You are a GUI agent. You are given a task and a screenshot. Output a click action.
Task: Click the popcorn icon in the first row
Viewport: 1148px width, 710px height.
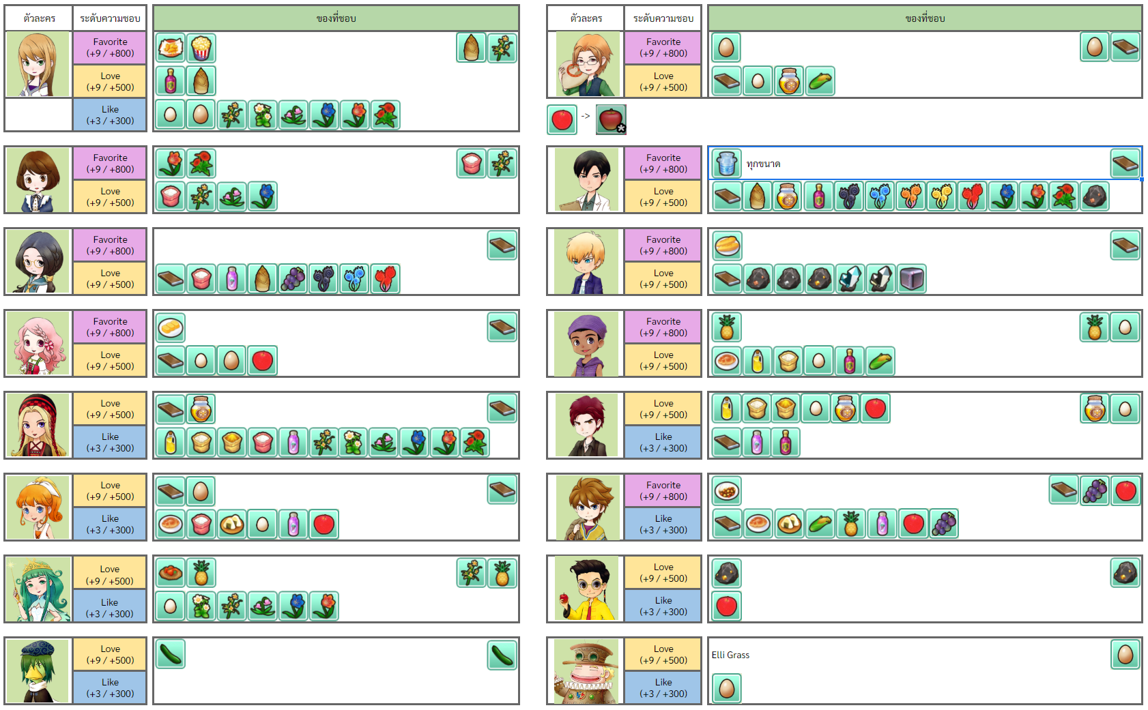(x=201, y=48)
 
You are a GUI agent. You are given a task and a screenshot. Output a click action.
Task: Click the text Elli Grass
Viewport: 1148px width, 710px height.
(x=730, y=655)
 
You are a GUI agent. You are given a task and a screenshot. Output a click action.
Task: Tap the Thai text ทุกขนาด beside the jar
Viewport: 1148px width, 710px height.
(x=763, y=164)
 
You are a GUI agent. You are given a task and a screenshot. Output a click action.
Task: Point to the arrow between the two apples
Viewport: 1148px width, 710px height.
(x=586, y=117)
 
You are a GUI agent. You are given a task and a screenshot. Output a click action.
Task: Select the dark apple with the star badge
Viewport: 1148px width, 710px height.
(x=612, y=120)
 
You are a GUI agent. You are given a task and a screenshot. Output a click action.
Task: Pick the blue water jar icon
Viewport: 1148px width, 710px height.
(x=727, y=164)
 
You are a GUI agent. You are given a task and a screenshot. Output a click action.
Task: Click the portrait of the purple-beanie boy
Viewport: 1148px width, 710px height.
(x=586, y=344)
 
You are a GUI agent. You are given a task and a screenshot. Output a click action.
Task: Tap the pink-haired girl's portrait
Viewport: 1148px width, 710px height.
(x=39, y=344)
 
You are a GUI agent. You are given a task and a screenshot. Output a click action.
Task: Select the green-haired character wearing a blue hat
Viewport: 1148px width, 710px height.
(x=38, y=671)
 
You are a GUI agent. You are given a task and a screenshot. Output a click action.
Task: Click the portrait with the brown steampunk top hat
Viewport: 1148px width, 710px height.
(x=586, y=671)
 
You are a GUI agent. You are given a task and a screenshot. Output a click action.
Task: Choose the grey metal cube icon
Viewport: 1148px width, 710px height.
(x=912, y=278)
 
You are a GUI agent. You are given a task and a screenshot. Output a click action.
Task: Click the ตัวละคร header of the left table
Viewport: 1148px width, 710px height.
(x=39, y=18)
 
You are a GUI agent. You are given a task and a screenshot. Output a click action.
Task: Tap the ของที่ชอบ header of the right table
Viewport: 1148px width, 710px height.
(x=925, y=18)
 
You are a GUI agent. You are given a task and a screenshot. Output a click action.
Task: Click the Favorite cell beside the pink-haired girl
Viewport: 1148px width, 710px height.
(x=110, y=327)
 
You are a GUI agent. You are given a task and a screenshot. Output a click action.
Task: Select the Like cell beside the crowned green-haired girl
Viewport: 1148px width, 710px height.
(x=110, y=608)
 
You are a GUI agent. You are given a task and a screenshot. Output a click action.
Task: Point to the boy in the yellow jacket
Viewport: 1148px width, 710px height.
(x=586, y=589)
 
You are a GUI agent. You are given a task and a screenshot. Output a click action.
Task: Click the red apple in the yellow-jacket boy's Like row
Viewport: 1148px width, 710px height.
(x=727, y=606)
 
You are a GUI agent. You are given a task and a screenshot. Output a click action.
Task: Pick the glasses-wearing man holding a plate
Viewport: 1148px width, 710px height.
(x=586, y=64)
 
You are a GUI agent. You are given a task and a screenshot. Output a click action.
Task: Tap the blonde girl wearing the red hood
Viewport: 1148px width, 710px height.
(x=39, y=426)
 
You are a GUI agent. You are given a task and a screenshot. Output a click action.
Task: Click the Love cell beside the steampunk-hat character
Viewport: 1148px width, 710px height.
(x=663, y=654)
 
